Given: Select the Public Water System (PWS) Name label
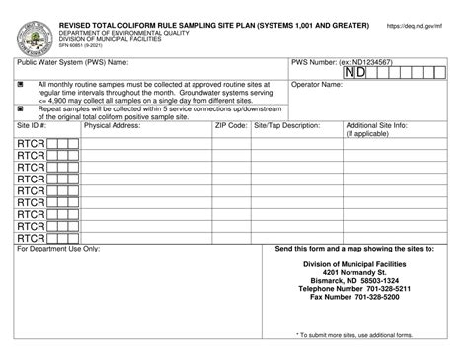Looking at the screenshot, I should click(73, 62).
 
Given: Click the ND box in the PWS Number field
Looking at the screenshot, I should click(356, 73).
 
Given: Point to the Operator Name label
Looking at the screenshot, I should click(319, 85).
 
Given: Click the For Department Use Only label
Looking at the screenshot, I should click(58, 249).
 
